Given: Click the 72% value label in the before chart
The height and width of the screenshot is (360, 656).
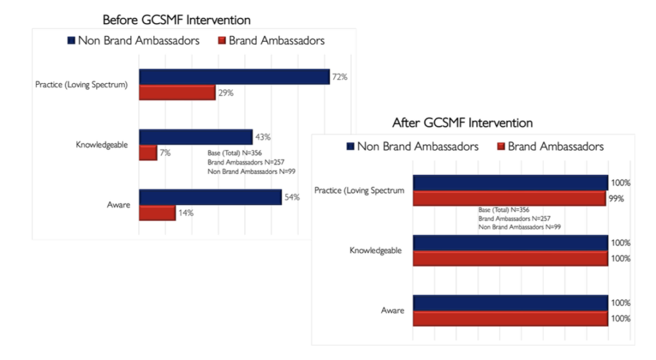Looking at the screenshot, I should pyautogui.click(x=340, y=78).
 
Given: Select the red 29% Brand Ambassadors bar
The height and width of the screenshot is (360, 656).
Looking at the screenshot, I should pyautogui.click(x=177, y=93).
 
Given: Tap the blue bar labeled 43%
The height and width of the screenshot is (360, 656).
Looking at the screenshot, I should pyautogui.click(x=195, y=137).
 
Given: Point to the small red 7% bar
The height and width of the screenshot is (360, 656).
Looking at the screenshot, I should pyautogui.click(x=148, y=153).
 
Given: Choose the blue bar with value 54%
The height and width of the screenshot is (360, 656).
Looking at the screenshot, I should pyautogui.click(x=210, y=197).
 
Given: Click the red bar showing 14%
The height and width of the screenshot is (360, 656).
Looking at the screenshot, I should pyautogui.click(x=157, y=213).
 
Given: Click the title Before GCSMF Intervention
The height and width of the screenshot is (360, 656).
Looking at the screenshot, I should pyautogui.click(x=177, y=20).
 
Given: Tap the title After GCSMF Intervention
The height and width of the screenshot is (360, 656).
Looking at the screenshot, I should pyautogui.click(x=463, y=122).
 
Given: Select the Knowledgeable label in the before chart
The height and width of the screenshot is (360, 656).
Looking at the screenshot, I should pyautogui.click(x=102, y=145).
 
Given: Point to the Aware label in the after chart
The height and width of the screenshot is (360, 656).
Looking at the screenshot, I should pyautogui.click(x=393, y=311).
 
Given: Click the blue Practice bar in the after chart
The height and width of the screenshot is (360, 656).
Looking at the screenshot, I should pyautogui.click(x=510, y=183).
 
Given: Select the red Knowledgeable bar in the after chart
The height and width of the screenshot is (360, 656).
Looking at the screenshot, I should pyautogui.click(x=510, y=259).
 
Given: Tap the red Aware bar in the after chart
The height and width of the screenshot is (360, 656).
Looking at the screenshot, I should pyautogui.click(x=510, y=319).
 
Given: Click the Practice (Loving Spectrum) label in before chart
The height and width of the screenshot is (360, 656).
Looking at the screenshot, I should pyautogui.click(x=81, y=85).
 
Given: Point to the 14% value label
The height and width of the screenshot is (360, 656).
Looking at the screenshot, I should pyautogui.click(x=186, y=213).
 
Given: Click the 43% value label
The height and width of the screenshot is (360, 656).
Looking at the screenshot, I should pyautogui.click(x=263, y=137).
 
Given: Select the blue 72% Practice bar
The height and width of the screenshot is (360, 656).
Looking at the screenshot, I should pyautogui.click(x=234, y=77).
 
